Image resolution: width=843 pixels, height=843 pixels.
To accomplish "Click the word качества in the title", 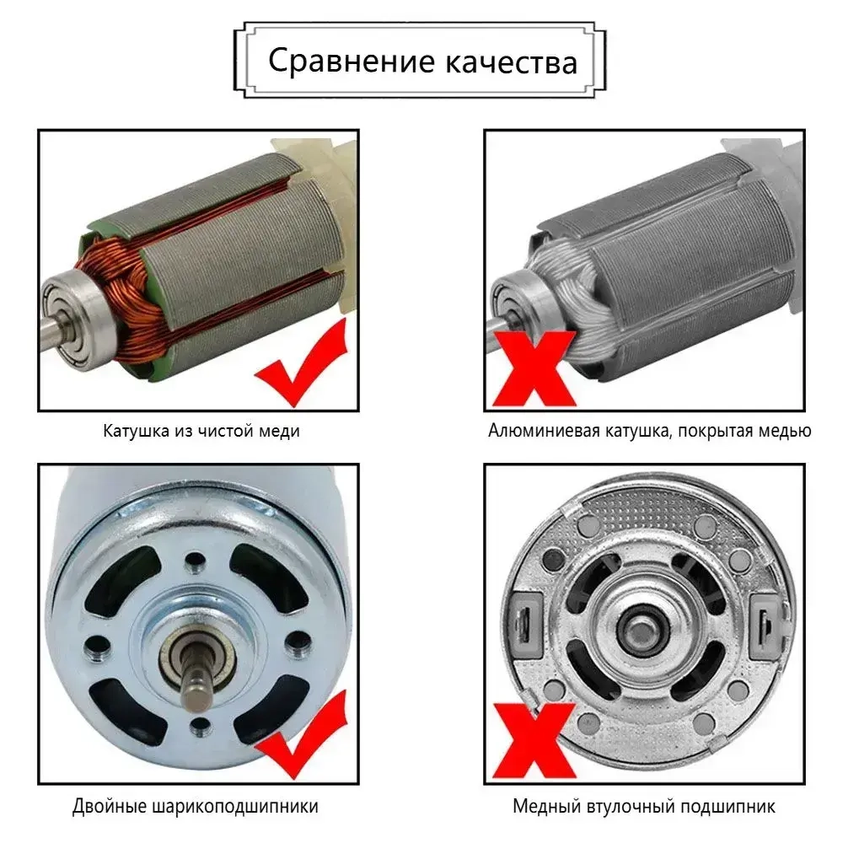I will [x=512, y=62].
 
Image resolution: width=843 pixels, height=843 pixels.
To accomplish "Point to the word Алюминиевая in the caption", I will [x=545, y=432].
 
